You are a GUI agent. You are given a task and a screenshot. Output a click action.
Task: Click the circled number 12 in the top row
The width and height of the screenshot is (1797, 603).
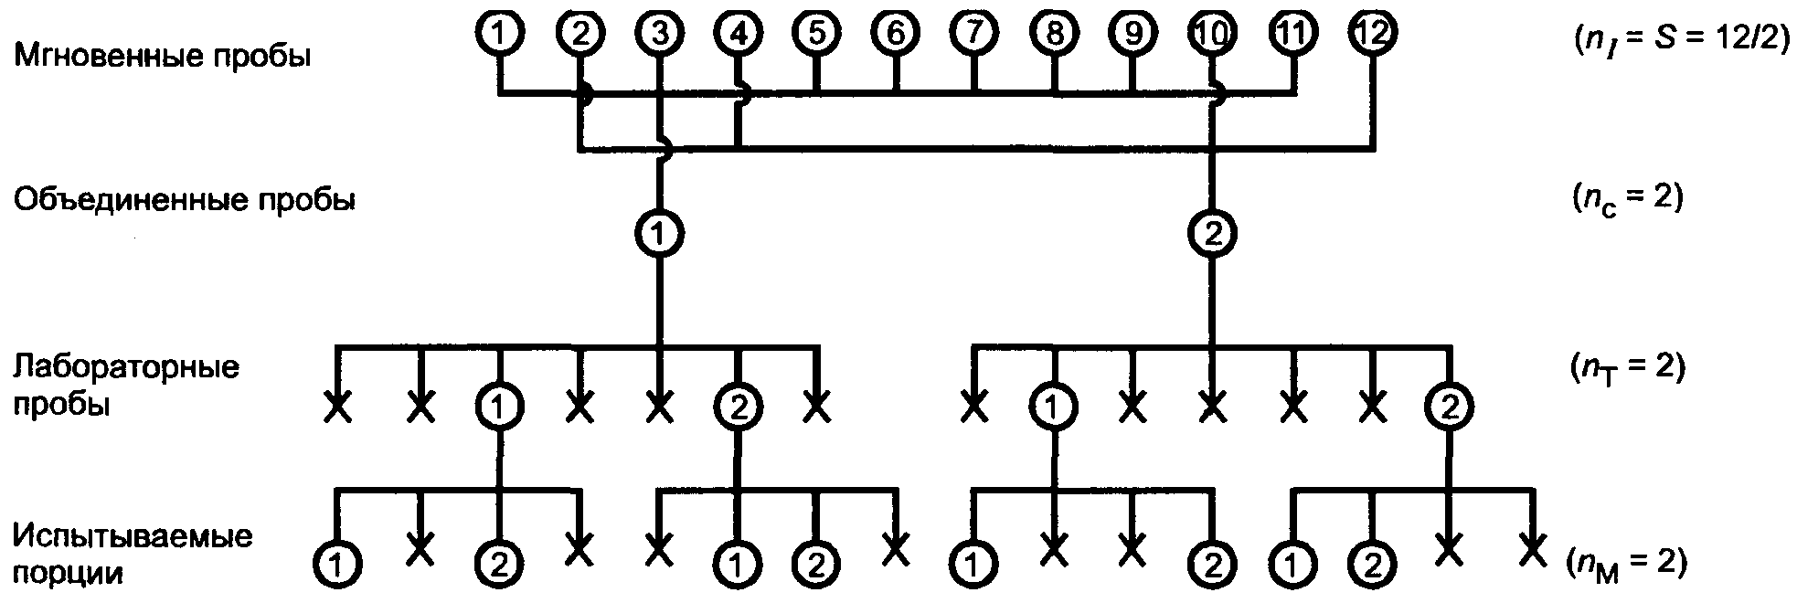1371,33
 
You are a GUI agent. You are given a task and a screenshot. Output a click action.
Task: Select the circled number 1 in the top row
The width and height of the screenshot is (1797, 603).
499,33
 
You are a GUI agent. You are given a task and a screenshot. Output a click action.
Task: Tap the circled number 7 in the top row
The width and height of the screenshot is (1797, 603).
974,33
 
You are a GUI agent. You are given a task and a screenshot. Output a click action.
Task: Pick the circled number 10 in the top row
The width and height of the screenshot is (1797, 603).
1212,33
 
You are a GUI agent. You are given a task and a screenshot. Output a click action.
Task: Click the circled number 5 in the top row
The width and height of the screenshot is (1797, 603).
816,33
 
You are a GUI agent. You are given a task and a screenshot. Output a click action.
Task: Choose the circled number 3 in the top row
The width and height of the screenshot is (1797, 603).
658,33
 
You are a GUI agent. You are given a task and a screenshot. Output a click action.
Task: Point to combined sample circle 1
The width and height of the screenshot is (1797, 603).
658,235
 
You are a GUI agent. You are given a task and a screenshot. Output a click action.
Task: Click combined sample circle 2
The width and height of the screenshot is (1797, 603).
1212,235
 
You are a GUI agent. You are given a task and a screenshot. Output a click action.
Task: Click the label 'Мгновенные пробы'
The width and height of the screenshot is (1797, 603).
162,57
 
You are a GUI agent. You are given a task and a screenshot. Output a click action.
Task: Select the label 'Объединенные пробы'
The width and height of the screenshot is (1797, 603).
184,200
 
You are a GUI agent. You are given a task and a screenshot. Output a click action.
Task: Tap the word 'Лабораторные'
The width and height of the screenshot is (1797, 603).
126,367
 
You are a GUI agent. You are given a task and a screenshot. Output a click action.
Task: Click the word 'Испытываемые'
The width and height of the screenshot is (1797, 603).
133,535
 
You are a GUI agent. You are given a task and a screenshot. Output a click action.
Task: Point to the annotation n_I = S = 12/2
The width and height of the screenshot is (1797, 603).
1679,40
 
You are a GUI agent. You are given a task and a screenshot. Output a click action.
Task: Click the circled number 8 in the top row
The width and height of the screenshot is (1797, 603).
1054,33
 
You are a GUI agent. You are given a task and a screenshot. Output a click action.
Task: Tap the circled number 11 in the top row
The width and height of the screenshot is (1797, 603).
1292,33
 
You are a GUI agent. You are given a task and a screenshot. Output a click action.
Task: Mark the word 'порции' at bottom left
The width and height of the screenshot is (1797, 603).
69,574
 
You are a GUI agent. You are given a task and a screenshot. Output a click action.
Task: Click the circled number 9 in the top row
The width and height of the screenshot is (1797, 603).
1132,33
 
